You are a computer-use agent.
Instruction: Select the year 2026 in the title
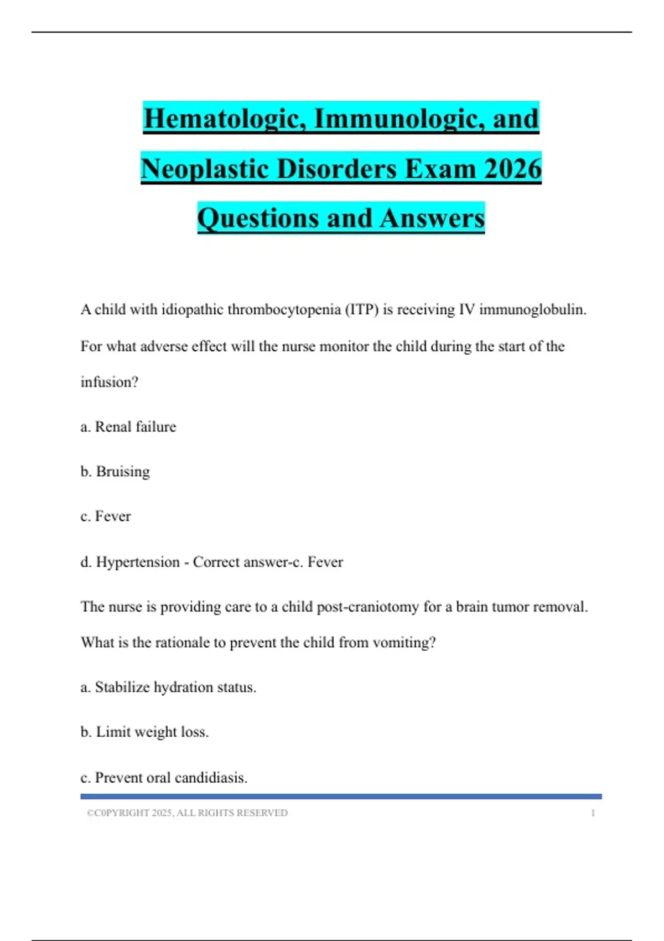(x=512, y=169)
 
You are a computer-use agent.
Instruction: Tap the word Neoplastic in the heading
(x=204, y=169)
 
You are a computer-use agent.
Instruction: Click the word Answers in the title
(x=432, y=218)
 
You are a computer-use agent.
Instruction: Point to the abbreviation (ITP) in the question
(x=362, y=309)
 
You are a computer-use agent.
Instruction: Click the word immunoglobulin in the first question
(x=532, y=309)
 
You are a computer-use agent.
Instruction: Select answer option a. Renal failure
(x=128, y=427)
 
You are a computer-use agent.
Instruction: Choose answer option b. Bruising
(x=115, y=472)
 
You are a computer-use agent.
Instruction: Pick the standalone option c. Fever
(x=106, y=516)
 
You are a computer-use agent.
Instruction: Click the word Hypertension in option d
(x=138, y=562)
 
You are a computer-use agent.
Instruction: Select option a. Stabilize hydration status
(x=168, y=687)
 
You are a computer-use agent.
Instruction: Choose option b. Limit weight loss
(x=144, y=732)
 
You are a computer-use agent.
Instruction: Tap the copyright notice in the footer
(x=187, y=813)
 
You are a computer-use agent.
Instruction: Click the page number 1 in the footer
(x=593, y=813)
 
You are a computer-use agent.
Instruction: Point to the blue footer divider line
(x=341, y=797)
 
